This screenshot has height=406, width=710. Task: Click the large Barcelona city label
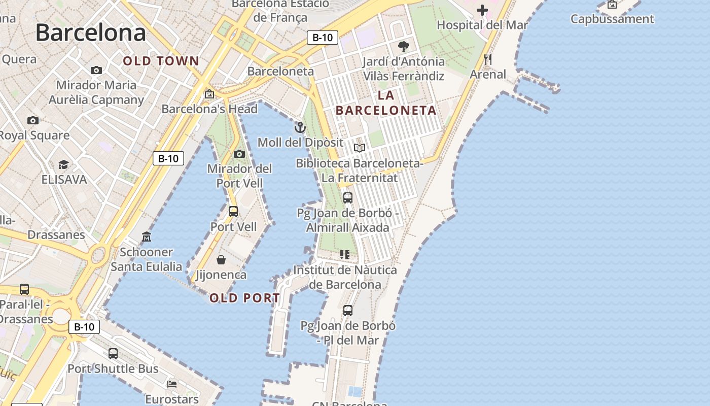point(91,33)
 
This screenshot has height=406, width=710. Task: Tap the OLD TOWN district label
point(161,61)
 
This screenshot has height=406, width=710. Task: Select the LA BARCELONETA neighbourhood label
point(386,103)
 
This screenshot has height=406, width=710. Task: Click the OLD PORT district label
point(244,298)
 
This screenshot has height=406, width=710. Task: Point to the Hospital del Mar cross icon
point(482,10)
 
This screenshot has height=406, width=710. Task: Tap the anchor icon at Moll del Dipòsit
point(300,127)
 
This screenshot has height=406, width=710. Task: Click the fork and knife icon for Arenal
point(488,59)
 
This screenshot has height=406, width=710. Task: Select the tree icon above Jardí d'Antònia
point(404,47)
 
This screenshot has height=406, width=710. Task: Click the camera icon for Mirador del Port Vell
point(239,154)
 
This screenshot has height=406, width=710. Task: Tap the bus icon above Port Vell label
point(233,212)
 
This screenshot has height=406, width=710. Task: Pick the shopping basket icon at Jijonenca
point(221,260)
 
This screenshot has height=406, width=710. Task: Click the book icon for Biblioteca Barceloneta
point(360,148)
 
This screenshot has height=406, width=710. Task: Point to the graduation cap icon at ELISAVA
point(63,165)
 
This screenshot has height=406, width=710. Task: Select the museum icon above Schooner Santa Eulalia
point(147,237)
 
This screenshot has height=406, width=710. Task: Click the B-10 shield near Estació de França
point(323,37)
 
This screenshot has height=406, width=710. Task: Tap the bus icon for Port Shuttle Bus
point(113,354)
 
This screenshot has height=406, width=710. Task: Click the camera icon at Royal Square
point(33,121)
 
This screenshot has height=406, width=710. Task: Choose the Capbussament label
point(612,19)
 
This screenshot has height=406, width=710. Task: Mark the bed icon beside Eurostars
point(172,384)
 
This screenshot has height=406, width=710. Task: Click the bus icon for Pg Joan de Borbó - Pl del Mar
point(348,311)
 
